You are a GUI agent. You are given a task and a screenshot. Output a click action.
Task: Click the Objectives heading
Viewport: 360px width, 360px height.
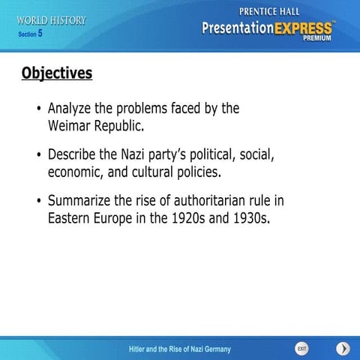(x=57, y=73)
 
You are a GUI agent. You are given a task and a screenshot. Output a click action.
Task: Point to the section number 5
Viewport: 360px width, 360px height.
(x=40, y=33)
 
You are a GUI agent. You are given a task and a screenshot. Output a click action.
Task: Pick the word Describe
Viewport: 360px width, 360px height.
(x=76, y=155)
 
